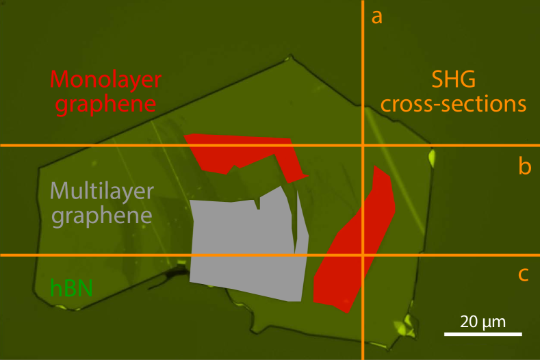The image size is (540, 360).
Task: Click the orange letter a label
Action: click(376, 16)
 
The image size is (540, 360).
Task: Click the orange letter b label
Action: click(524, 167)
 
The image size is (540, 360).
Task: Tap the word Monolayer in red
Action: click(105, 79)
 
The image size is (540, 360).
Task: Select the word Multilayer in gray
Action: click(101, 190)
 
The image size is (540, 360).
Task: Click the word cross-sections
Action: click(453, 105)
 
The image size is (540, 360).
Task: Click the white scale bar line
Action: click(483, 335)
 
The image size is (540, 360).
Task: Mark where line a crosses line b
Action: click(362, 145)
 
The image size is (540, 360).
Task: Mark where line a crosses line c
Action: click(362, 255)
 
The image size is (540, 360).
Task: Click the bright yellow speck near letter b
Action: click(433, 159)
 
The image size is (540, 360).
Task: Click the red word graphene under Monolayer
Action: click(105, 105)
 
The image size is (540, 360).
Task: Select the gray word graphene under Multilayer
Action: click(101, 216)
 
